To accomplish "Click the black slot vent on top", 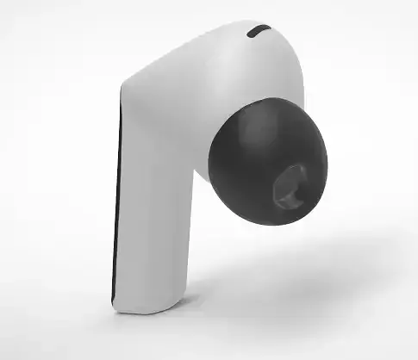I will (259, 33).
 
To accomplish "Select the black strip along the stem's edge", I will (116, 207).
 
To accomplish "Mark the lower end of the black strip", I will (114, 301).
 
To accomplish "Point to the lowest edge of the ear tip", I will (259, 226).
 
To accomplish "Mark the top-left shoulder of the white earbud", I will (129, 82).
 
